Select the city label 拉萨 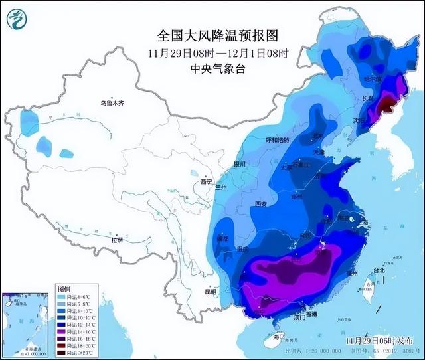[x=117, y=240]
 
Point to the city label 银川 [x=240, y=164]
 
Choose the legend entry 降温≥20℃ [x=73, y=353]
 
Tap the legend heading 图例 [x=64, y=289]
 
